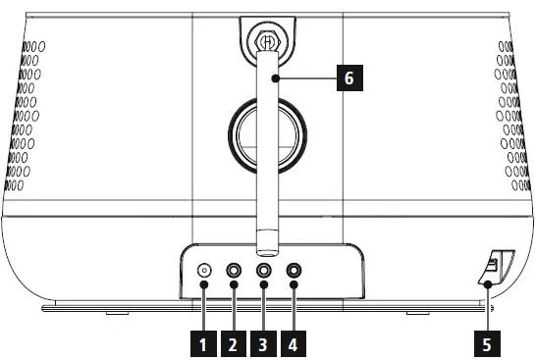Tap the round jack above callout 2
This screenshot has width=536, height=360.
(235, 271)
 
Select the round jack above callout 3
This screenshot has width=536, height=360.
(264, 271)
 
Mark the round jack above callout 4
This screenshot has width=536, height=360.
(294, 271)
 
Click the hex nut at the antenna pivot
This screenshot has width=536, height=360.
(267, 42)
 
